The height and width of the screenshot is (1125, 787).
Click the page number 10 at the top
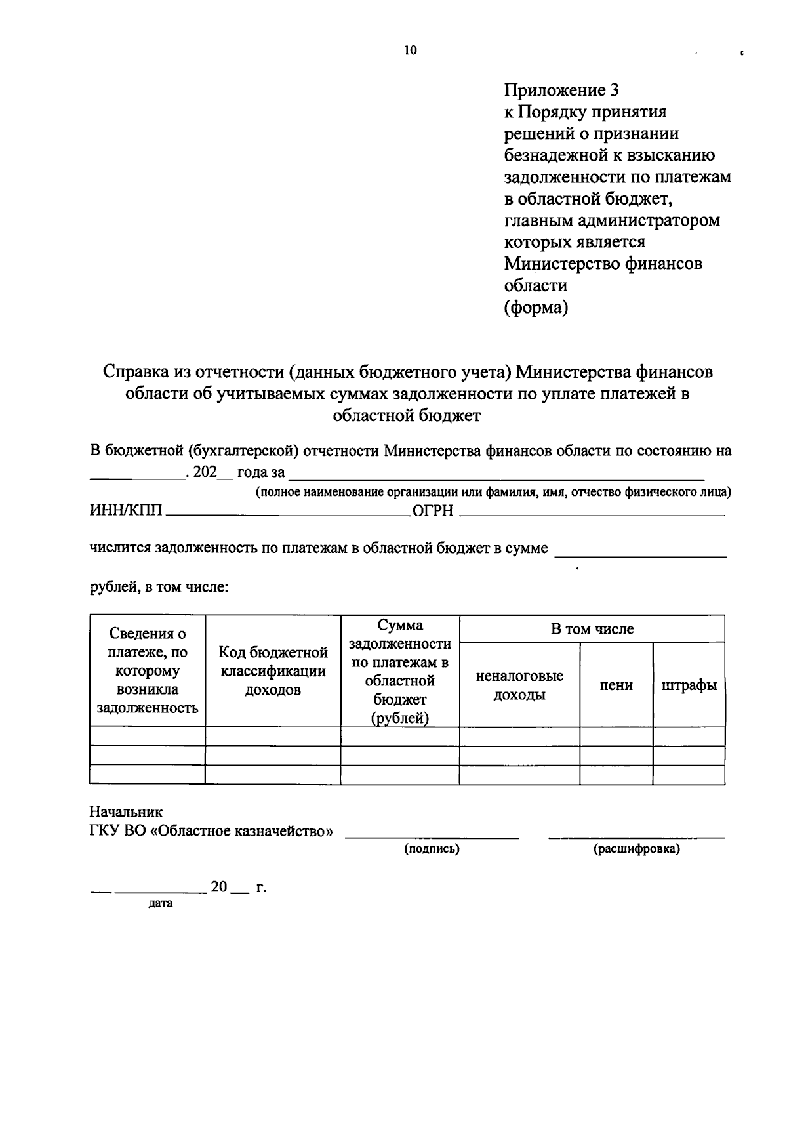(x=411, y=51)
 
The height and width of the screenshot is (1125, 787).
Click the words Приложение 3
(x=561, y=89)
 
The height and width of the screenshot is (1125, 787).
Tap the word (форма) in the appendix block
(x=535, y=307)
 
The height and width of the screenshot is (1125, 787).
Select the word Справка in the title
(x=136, y=372)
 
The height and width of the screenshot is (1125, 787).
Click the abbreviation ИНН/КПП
(x=127, y=511)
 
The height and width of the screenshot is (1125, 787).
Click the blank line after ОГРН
(x=592, y=515)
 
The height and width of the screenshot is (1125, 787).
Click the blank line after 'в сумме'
(x=640, y=555)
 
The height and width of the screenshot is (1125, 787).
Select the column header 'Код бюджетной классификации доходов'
(x=273, y=671)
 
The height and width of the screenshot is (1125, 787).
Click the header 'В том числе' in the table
(x=592, y=629)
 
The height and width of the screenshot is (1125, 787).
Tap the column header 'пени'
(x=616, y=685)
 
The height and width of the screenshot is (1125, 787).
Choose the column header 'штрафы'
(x=689, y=685)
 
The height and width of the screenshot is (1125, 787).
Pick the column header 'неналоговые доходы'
(x=519, y=685)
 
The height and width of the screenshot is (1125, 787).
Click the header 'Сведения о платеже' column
(x=148, y=670)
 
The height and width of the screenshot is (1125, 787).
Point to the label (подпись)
(x=432, y=849)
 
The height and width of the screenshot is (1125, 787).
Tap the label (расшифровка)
(x=636, y=849)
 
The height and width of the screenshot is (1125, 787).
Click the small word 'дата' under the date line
(x=161, y=903)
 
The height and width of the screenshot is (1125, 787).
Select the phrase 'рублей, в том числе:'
(x=159, y=587)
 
